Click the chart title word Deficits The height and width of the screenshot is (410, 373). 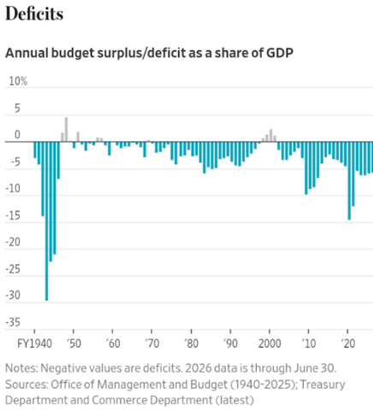[34, 14]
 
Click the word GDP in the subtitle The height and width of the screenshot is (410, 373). [280, 53]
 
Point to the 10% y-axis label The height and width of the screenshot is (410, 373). [18, 81]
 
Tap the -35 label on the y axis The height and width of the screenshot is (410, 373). [13, 323]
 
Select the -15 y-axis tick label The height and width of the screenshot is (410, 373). [13, 216]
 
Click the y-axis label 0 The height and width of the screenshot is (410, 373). [17, 134]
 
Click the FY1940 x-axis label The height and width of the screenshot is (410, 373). [34, 343]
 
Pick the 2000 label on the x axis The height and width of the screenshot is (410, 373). [269, 343]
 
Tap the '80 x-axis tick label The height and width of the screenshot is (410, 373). [191, 343]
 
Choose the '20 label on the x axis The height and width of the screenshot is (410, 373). [348, 343]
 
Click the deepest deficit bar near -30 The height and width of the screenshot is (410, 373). [46, 221]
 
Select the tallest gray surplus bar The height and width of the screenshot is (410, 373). [66, 129]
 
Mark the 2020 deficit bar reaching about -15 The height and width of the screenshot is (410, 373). [349, 181]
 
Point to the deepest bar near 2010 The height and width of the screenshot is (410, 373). [306, 168]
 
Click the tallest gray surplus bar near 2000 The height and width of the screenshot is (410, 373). [271, 135]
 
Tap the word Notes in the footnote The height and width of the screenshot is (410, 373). [21, 368]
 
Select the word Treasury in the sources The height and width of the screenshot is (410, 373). [323, 384]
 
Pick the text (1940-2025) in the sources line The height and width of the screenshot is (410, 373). [264, 384]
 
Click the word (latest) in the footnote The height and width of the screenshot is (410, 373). [234, 400]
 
